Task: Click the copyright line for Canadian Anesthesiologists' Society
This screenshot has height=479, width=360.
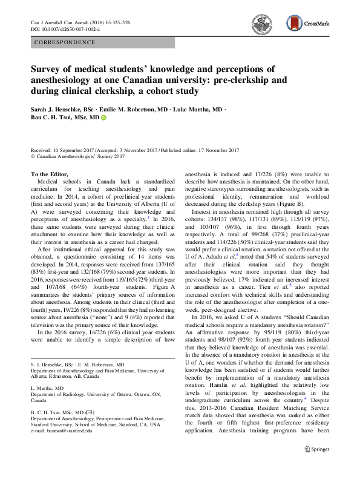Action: [77, 157]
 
